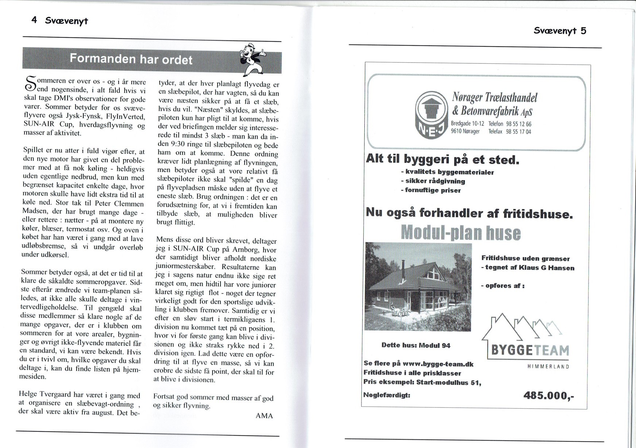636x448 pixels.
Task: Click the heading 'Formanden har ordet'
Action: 131,59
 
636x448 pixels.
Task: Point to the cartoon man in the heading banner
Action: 252,58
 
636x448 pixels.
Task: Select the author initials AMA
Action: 264,416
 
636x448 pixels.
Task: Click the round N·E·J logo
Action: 432,113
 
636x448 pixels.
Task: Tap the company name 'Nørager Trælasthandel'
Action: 495,97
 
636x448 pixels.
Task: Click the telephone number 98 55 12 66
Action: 518,124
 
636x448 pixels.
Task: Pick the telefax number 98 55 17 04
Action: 518,132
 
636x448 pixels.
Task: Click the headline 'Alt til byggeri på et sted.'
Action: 442,160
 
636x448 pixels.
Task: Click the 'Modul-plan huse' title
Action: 461,232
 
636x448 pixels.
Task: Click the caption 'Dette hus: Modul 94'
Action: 416,345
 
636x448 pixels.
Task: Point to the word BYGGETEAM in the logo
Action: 530,350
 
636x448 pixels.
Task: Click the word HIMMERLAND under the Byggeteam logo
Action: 548,367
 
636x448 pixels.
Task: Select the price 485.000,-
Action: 548,395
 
